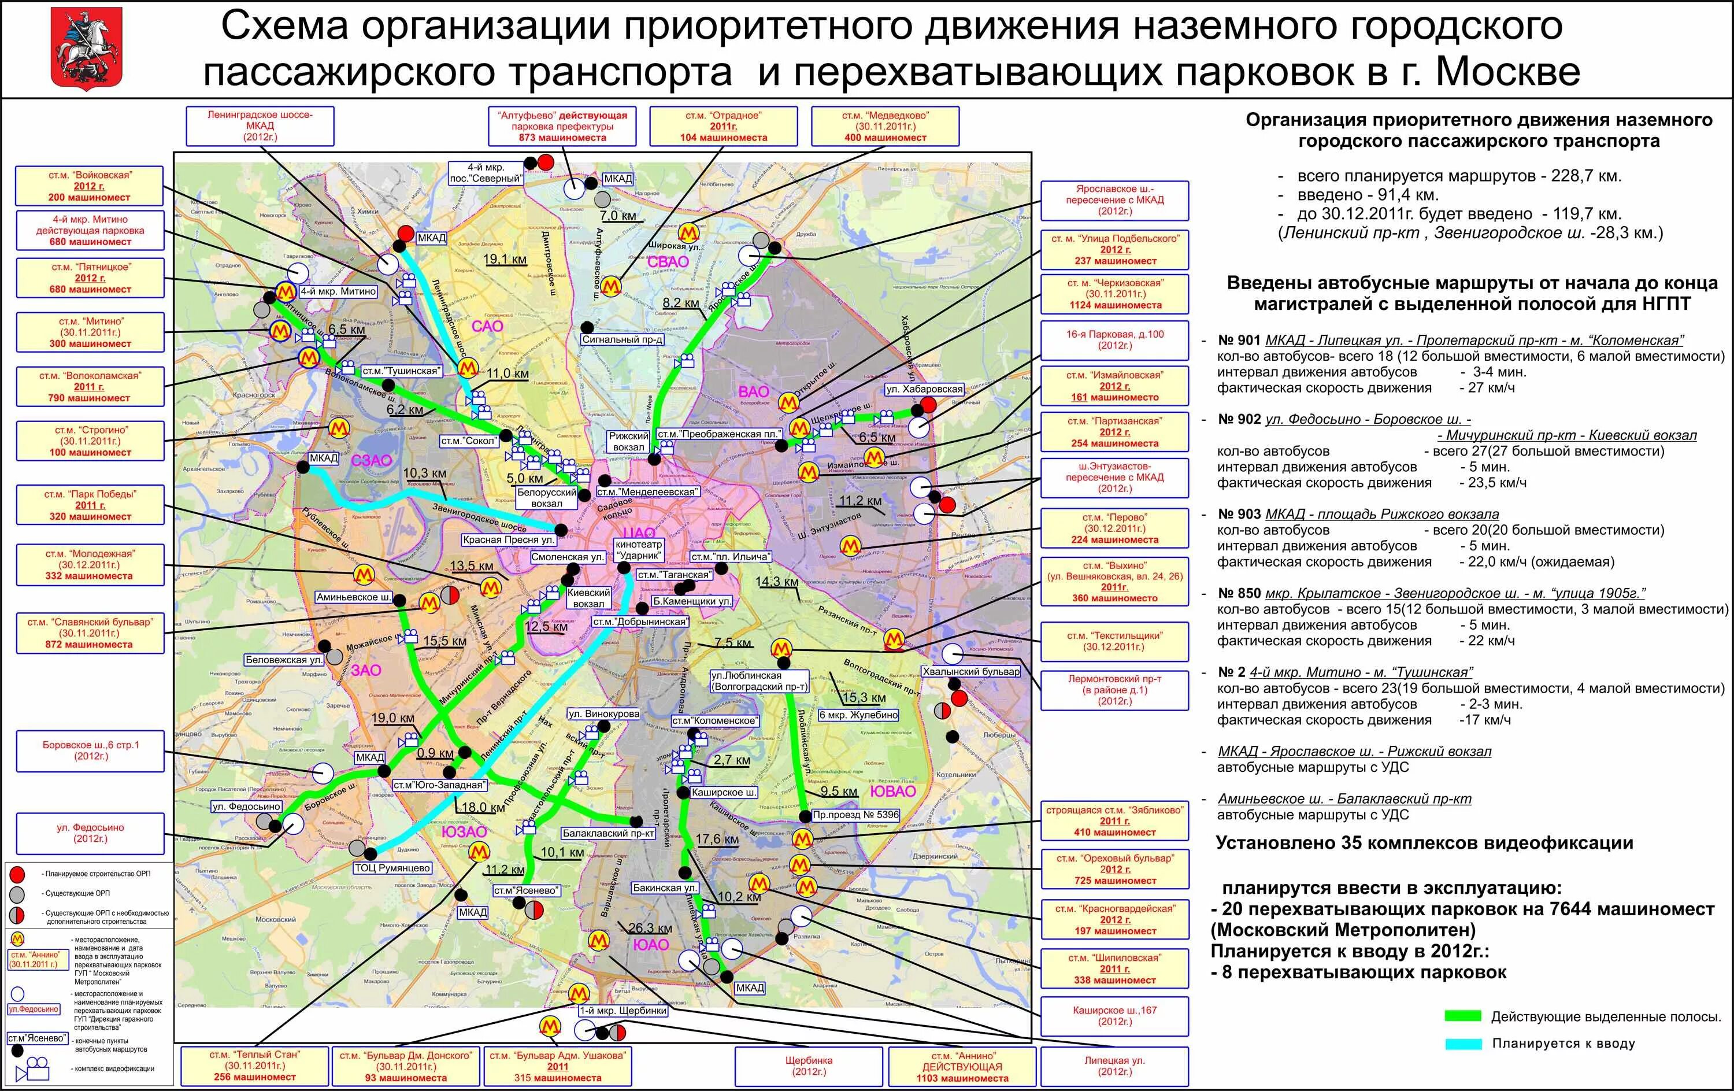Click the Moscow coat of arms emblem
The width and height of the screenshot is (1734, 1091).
[87, 48]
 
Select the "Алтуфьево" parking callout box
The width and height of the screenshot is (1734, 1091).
[562, 126]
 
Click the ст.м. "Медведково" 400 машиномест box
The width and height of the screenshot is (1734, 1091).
[885, 126]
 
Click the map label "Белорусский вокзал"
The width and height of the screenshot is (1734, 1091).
[547, 498]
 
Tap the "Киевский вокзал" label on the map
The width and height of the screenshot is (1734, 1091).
[588, 598]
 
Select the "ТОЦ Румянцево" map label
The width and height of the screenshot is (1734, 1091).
[392, 868]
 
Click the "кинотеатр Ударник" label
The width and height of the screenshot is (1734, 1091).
[638, 550]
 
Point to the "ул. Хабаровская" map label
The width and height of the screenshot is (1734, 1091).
[924, 389]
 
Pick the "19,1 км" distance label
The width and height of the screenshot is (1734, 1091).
[505, 259]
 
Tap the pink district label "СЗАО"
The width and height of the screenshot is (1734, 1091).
[372, 460]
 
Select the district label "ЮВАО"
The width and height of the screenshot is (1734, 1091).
[892, 792]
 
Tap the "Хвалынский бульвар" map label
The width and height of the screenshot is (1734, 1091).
[972, 671]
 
